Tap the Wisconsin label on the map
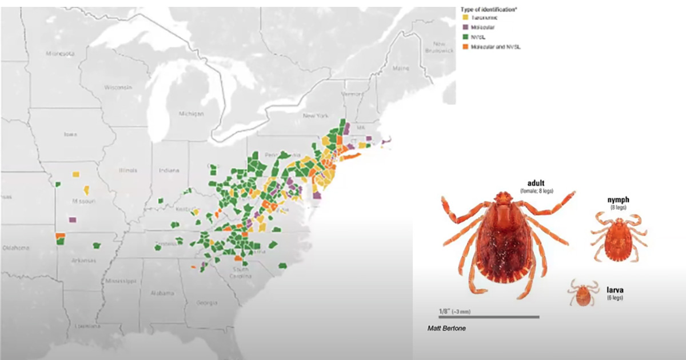(118, 87)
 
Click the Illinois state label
(129, 170)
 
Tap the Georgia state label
(207, 302)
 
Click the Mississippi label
(120, 282)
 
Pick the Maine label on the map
(401, 68)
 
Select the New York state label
(316, 116)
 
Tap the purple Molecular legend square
(466, 27)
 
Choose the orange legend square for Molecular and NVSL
(466, 46)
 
